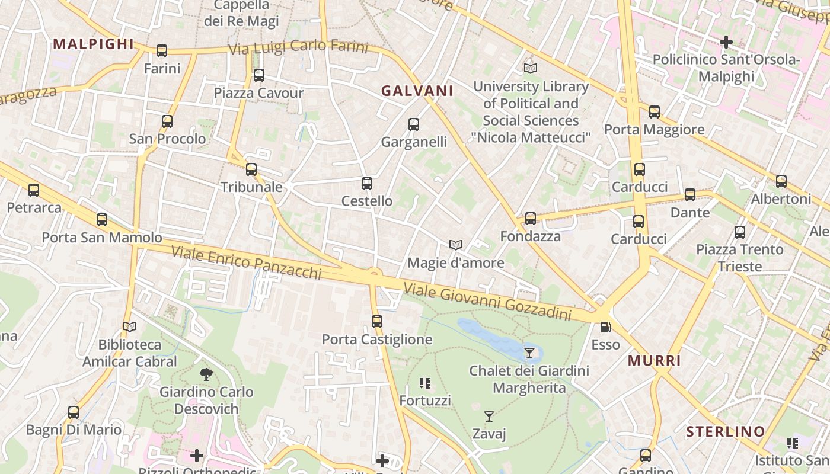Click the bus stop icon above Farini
click(x=162, y=51)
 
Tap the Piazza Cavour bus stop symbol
click(x=258, y=75)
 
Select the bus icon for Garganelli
click(x=414, y=124)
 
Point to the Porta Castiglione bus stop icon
click(x=377, y=322)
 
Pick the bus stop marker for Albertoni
click(x=781, y=181)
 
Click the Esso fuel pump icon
click(x=605, y=326)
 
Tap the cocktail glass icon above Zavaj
click(x=489, y=417)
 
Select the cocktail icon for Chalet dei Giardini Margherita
click(x=529, y=353)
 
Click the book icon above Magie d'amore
click(x=456, y=245)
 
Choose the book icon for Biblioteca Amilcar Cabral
click(x=130, y=326)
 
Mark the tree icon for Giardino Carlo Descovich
click(x=206, y=374)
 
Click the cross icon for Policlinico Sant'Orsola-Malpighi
click(x=726, y=42)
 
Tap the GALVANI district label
click(x=417, y=91)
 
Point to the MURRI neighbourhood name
click(x=655, y=361)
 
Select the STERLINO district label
click(x=726, y=432)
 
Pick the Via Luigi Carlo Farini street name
click(x=298, y=47)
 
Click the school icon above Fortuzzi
click(x=425, y=383)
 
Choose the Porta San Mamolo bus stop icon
click(x=102, y=220)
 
